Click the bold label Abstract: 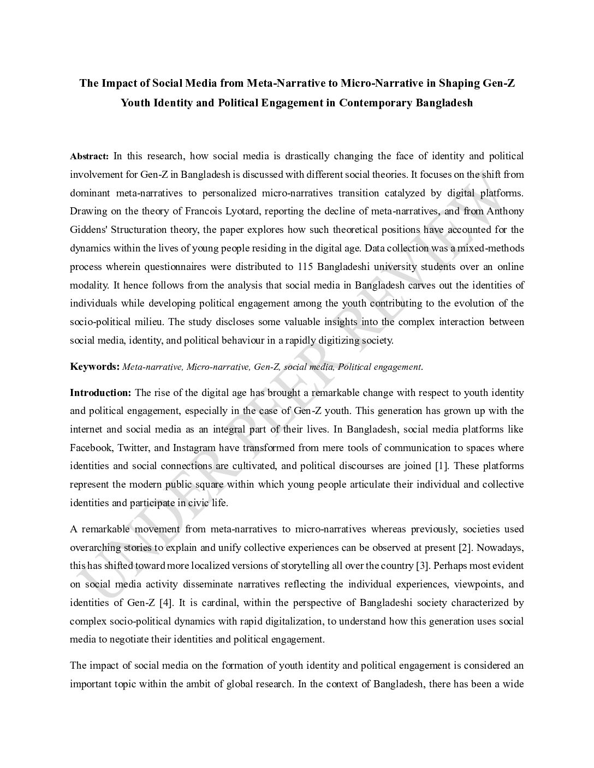[90, 157]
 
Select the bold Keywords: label [94, 367]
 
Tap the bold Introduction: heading [100, 393]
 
